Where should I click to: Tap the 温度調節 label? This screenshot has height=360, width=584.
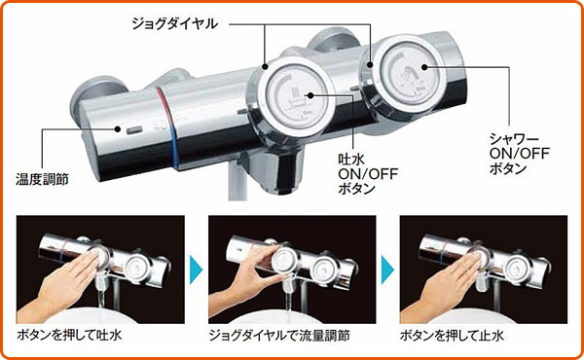38,178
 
